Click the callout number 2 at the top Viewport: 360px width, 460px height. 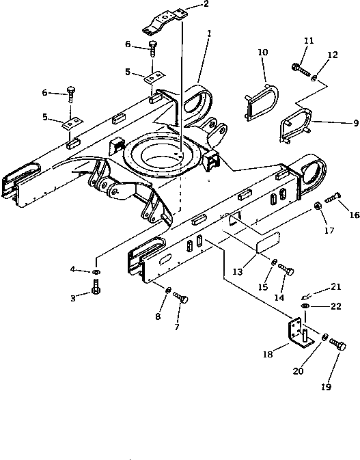pos(206,4)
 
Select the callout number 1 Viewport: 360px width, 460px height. pos(209,33)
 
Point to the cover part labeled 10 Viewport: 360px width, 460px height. pos(261,102)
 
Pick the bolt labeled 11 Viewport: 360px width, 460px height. pos(301,69)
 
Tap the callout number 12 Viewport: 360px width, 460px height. pos(333,55)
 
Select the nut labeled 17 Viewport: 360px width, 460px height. pos(318,206)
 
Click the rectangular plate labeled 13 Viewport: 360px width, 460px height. pos(268,242)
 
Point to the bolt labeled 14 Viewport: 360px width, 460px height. pos(286,269)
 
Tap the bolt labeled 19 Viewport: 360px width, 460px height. pos(337,344)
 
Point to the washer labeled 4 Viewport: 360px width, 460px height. pos(96,272)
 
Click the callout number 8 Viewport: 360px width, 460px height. pos(158,316)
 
